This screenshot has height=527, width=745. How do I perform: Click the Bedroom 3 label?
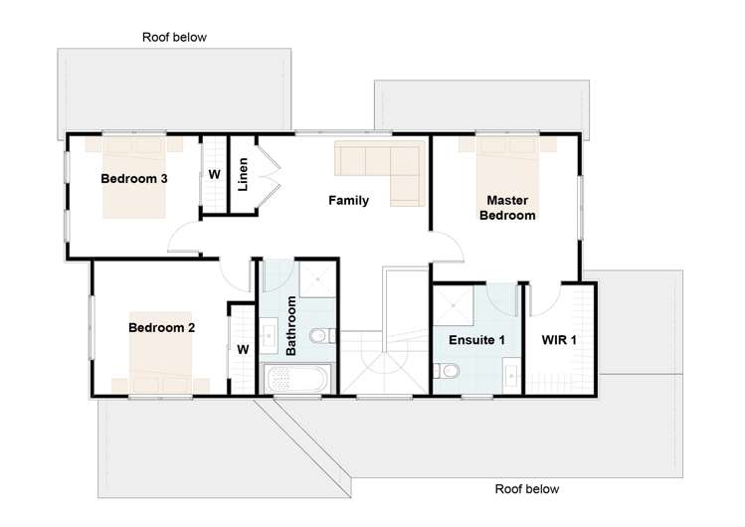(x=134, y=179)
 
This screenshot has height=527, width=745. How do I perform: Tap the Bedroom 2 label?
(x=161, y=327)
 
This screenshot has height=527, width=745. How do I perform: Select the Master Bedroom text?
(x=507, y=208)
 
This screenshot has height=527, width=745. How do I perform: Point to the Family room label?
(x=349, y=200)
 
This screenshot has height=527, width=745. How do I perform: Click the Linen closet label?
(x=243, y=174)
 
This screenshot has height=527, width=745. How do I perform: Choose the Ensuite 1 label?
(x=476, y=340)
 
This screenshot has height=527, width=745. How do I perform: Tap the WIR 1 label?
(x=559, y=340)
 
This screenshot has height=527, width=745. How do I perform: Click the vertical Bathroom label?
(x=290, y=326)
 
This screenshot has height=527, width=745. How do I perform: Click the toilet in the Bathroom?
(x=322, y=336)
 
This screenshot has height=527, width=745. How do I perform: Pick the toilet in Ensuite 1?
(x=446, y=371)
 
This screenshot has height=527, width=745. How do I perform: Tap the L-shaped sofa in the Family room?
(x=380, y=173)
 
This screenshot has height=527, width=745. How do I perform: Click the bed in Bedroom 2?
(x=160, y=352)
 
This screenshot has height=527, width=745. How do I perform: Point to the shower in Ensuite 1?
(x=454, y=305)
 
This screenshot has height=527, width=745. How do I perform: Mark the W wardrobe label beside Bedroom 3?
(x=214, y=175)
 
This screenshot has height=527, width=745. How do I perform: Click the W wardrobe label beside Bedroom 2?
(x=243, y=350)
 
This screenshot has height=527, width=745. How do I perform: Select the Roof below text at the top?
(x=174, y=37)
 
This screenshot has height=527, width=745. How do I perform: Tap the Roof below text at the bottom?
(x=527, y=489)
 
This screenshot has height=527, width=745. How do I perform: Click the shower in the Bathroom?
(x=317, y=279)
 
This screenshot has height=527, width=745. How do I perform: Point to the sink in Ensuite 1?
(x=511, y=376)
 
